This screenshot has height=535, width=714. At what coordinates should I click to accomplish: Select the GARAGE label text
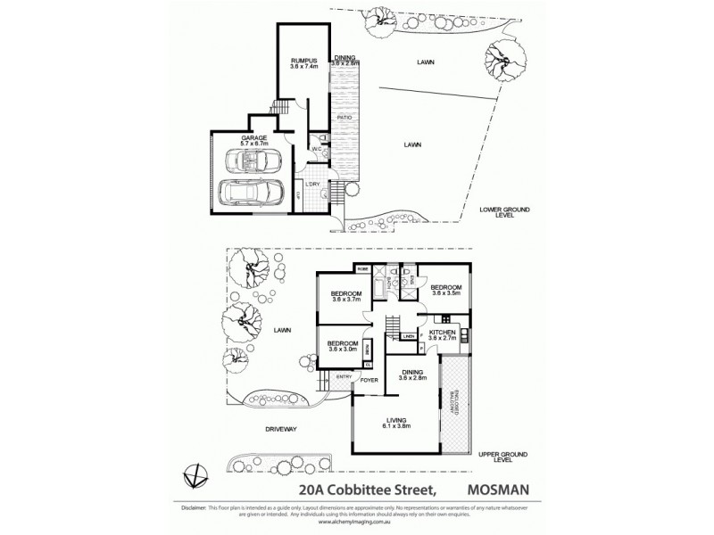tap(254, 137)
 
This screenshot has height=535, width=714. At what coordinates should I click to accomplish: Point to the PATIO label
tap(343, 117)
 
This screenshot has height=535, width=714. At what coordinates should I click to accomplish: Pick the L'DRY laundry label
tap(313, 185)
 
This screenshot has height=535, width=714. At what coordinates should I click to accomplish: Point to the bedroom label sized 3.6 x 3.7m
tap(345, 296)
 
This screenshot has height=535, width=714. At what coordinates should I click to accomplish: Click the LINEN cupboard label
tap(408, 336)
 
